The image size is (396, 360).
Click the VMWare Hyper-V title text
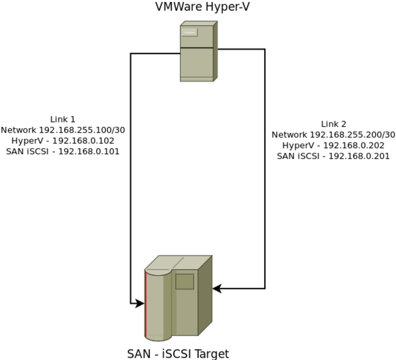[202, 7]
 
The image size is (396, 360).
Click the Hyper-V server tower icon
[199, 51]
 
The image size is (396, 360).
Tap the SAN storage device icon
[178, 298]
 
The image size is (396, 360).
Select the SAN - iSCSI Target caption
[178, 354]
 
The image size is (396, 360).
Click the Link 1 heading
[63, 119]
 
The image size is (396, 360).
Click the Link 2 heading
[333, 124]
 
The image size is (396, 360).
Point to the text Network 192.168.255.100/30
[63, 130]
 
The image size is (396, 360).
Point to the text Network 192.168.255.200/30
[333, 135]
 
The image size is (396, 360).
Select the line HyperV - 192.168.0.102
[63, 141]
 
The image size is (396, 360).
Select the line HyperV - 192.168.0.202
[333, 145]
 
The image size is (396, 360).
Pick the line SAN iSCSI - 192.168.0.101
[63, 152]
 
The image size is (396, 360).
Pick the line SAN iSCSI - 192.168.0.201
[333, 157]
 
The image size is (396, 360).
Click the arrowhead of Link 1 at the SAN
[140, 303]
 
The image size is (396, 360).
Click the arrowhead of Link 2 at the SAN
[217, 288]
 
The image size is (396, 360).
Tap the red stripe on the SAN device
[146, 304]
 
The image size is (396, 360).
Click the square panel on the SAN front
[185, 282]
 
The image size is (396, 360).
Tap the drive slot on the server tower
[189, 32]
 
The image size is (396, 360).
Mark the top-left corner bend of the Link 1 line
[131, 54]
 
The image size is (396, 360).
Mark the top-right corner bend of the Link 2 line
[264, 49]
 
